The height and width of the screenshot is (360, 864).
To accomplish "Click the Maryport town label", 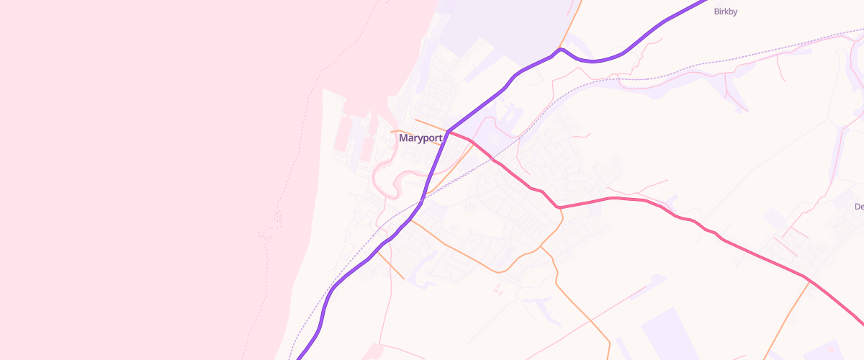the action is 420,138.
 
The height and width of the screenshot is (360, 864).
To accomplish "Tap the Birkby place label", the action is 726,12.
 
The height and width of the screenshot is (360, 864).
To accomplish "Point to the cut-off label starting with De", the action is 858,207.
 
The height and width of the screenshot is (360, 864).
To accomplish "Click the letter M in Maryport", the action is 403,138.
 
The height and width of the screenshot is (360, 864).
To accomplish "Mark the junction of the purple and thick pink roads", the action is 448,132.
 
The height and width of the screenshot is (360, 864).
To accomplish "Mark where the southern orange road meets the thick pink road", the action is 559,208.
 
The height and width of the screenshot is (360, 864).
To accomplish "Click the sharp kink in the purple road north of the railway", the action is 560,50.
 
